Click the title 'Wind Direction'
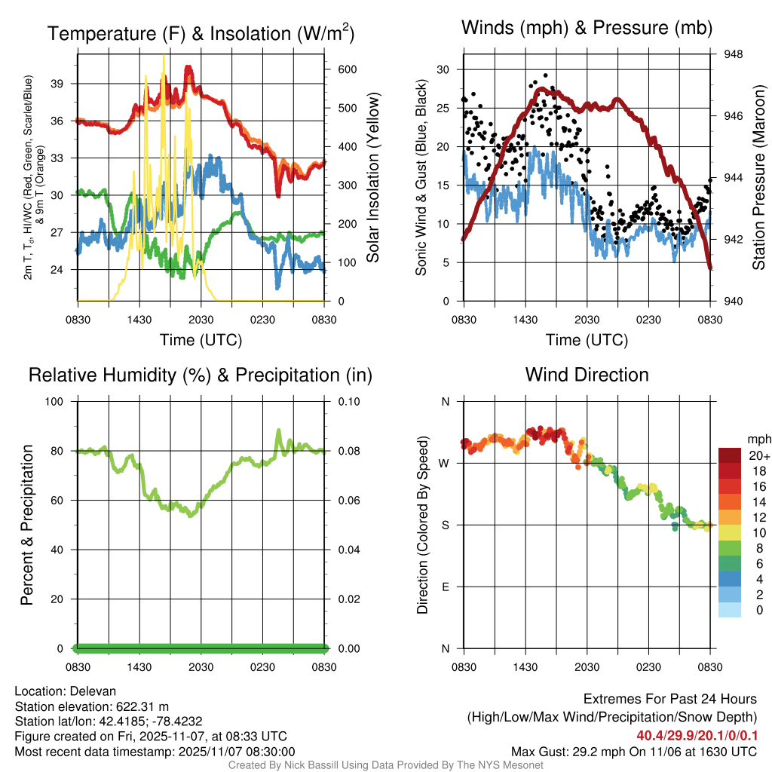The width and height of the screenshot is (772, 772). (587, 375)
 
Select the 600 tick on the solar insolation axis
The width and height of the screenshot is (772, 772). (347, 69)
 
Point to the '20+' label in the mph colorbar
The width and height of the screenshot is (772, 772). (758, 455)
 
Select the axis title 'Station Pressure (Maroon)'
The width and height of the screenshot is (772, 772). (759, 177)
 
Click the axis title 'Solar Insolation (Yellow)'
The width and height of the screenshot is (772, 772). (373, 178)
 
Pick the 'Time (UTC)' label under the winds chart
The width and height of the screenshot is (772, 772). (587, 340)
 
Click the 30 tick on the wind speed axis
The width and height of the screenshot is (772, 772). (443, 69)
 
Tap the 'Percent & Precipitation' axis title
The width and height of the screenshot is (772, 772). (27, 525)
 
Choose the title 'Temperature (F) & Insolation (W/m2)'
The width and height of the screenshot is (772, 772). (201, 33)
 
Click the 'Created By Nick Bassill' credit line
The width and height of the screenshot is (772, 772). (385, 765)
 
